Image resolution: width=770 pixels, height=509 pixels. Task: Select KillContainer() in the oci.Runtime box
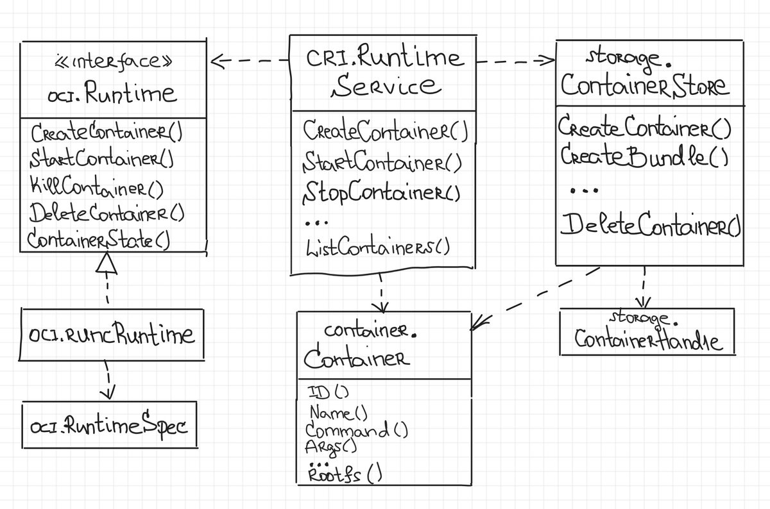pyautogui.click(x=96, y=188)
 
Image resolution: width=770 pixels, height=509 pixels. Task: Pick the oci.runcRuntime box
pyautogui.click(x=112, y=334)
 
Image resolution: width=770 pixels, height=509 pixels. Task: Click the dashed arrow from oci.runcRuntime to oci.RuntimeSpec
pyautogui.click(x=108, y=380)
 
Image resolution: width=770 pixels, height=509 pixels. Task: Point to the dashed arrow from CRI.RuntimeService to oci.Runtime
pyautogui.click(x=250, y=62)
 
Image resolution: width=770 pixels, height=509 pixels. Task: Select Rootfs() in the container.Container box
pyautogui.click(x=345, y=475)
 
